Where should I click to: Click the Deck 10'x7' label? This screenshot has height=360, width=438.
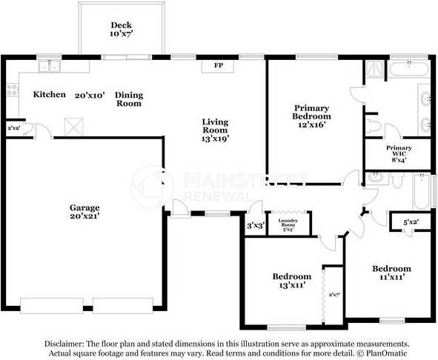[120, 30]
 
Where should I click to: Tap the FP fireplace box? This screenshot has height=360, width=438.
[219, 66]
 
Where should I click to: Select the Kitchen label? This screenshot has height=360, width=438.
[50, 95]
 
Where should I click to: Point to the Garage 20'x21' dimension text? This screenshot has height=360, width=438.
[84, 216]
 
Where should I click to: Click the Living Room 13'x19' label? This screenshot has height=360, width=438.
[216, 130]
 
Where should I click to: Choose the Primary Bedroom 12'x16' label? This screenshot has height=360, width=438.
[311, 116]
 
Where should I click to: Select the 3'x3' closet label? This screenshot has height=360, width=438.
[255, 226]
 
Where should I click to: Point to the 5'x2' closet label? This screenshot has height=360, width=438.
[410, 221]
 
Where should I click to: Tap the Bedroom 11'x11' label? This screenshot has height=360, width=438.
[391, 273]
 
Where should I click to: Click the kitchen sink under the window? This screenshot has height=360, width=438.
[49, 67]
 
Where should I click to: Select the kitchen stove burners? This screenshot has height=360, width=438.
[12, 91]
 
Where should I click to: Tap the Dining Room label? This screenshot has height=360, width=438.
[130, 99]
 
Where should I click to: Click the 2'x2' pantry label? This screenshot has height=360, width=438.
[14, 128]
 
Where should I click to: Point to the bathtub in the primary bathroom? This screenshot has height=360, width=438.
[408, 70]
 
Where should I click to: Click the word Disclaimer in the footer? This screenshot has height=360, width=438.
[64, 344]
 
